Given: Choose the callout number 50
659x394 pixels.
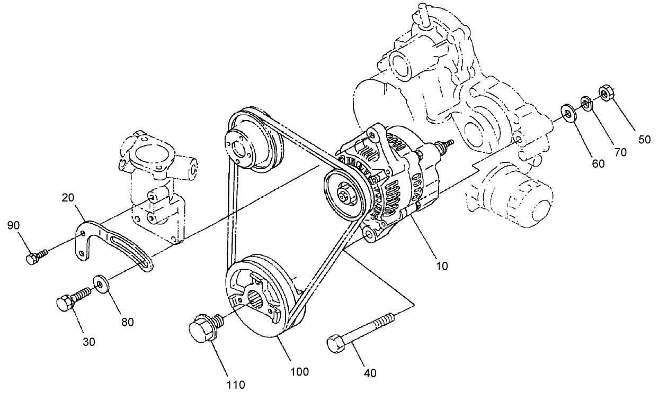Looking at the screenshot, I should [644, 140].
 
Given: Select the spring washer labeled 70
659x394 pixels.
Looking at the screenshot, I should [586, 102].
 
